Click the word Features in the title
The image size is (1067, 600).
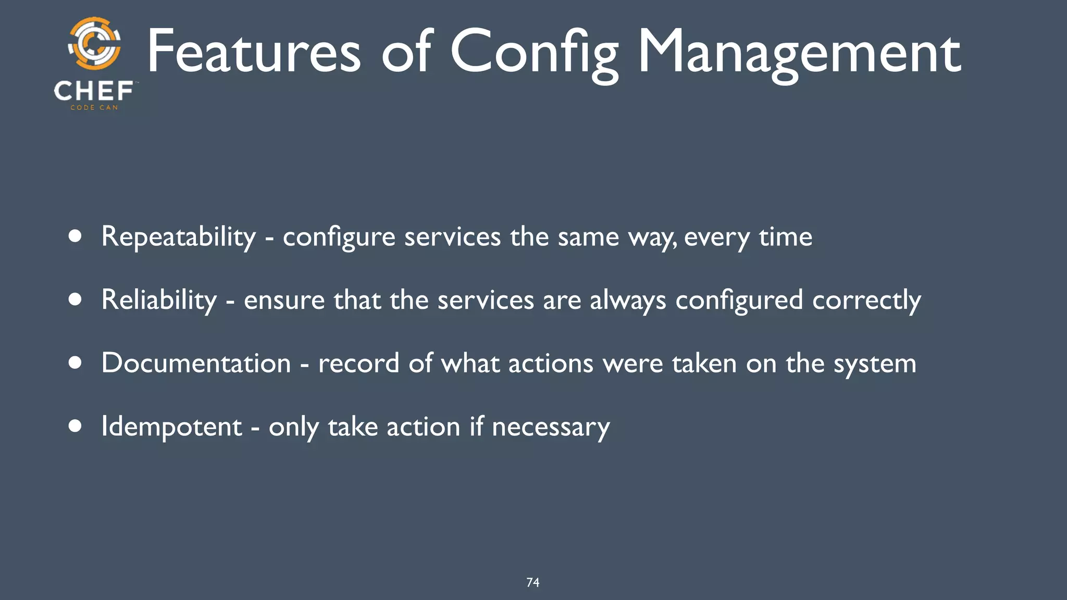254,52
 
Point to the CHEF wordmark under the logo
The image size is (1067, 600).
94,91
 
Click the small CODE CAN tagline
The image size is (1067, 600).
94,107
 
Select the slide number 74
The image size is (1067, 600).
533,582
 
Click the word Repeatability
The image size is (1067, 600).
179,237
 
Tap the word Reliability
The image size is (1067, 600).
159,301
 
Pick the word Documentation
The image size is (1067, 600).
196,363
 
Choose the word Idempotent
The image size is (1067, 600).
171,427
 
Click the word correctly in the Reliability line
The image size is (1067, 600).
866,301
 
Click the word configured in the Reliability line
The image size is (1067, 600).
739,301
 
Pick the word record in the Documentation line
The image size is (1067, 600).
359,363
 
